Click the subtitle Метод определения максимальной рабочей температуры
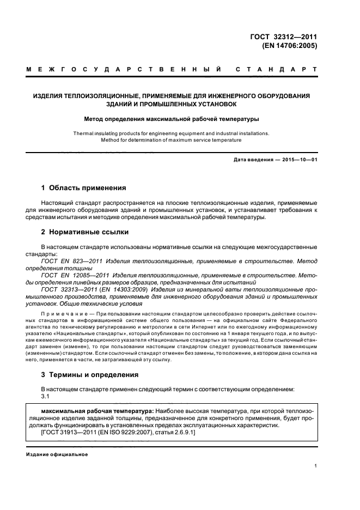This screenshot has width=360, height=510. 171,118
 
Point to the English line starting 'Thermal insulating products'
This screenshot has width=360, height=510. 171,132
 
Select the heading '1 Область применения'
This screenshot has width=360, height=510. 83,188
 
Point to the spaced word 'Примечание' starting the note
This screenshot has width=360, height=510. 63,315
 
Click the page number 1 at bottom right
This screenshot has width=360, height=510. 315,466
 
